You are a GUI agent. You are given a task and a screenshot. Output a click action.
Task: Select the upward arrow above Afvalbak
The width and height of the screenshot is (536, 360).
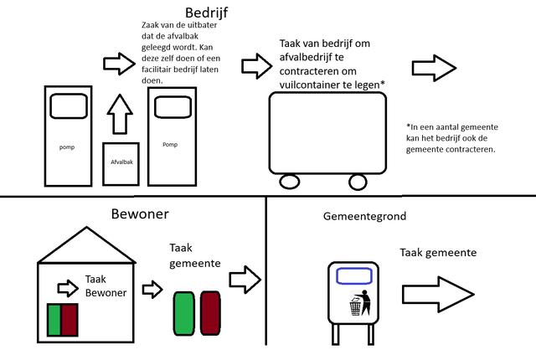[121, 115]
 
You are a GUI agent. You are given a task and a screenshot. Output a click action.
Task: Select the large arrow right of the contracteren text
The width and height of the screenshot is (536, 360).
[434, 67]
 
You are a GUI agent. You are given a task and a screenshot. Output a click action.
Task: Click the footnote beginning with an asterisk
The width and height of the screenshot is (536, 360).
[450, 137]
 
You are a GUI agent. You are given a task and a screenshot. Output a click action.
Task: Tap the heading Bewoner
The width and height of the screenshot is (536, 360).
[140, 213]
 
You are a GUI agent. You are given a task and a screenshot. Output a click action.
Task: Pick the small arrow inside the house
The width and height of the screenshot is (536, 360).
[67, 288]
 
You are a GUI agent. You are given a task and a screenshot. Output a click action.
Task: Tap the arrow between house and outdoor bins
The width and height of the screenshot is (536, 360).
[152, 290]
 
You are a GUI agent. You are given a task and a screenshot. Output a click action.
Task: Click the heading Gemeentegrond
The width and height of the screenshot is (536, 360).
[364, 216]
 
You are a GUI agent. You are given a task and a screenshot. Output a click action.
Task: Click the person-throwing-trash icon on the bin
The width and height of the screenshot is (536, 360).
[357, 303]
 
